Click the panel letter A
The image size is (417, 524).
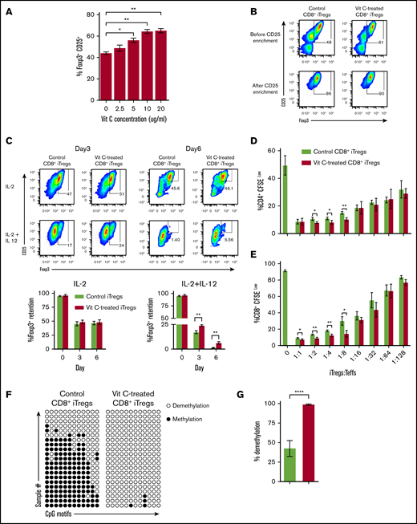(x=9, y=9)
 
